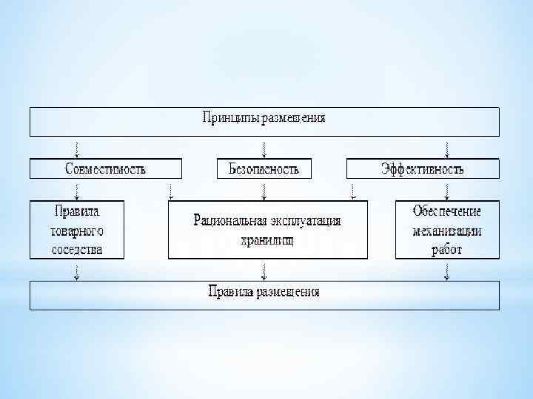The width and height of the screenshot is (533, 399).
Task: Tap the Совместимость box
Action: pos(105,168)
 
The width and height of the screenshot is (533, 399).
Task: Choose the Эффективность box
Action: pos(423,168)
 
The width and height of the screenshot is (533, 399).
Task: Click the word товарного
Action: pos(77,229)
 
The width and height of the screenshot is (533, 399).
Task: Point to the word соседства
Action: pos(77,249)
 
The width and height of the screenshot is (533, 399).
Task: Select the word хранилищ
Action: pos(267,239)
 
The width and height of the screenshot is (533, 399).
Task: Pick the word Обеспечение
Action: pos(447,211)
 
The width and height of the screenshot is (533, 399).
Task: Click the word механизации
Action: pos(447,230)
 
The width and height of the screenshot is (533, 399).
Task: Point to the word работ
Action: pos(447,249)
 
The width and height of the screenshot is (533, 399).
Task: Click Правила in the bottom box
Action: pos(230,291)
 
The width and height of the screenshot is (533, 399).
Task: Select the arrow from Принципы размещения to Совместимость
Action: pos(78,147)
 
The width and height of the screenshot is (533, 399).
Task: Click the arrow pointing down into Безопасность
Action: pos(264,147)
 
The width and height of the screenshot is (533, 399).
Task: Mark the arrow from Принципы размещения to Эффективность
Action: pos(446,147)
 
